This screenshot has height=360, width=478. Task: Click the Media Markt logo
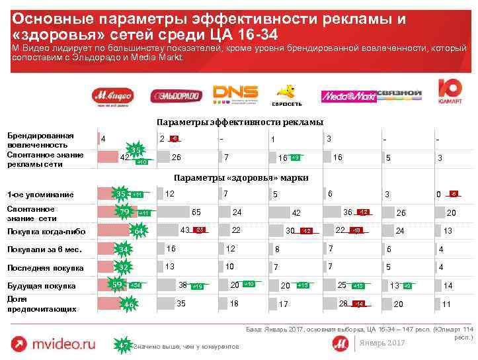coord(348,97)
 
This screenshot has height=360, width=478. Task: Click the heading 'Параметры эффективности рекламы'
coord(239,122)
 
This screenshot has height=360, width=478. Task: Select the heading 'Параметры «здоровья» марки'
coord(240,177)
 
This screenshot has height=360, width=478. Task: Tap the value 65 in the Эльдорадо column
coord(196,212)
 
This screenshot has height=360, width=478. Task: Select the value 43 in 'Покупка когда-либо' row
coord(185,230)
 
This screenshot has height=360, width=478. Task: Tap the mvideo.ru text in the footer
coord(65,344)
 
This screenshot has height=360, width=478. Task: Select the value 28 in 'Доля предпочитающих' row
coord(342,302)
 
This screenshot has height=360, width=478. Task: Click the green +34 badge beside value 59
coord(136,285)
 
